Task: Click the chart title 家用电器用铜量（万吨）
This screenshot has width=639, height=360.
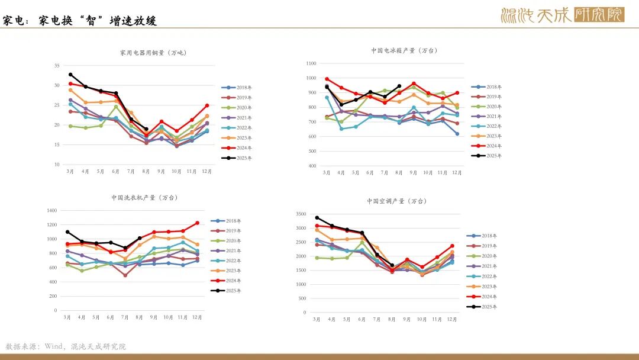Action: pos(153,53)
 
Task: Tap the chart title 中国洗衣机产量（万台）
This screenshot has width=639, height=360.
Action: pos(144,197)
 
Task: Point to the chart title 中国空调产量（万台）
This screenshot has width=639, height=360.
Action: pos(397,201)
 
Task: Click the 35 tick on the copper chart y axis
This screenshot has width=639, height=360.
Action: pos(56,65)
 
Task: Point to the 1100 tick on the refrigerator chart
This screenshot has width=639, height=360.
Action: pos(311,63)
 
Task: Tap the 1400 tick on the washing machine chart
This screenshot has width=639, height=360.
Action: pos(51,210)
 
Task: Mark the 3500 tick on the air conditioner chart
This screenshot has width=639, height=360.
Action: pos(301,214)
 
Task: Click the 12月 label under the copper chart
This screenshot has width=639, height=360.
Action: pos(207,172)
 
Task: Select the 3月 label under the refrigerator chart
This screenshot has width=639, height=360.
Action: pos(327,173)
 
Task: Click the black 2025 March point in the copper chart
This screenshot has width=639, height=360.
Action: pos(70,75)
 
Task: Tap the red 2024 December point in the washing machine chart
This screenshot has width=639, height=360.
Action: pos(197,223)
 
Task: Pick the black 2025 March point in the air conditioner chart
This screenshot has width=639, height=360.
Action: pos(317,218)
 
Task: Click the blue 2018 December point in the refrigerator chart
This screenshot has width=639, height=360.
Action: pos(457,134)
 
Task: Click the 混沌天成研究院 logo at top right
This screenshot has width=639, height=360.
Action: pos(562,15)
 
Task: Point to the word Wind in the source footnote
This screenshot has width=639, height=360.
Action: pos(54,346)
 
